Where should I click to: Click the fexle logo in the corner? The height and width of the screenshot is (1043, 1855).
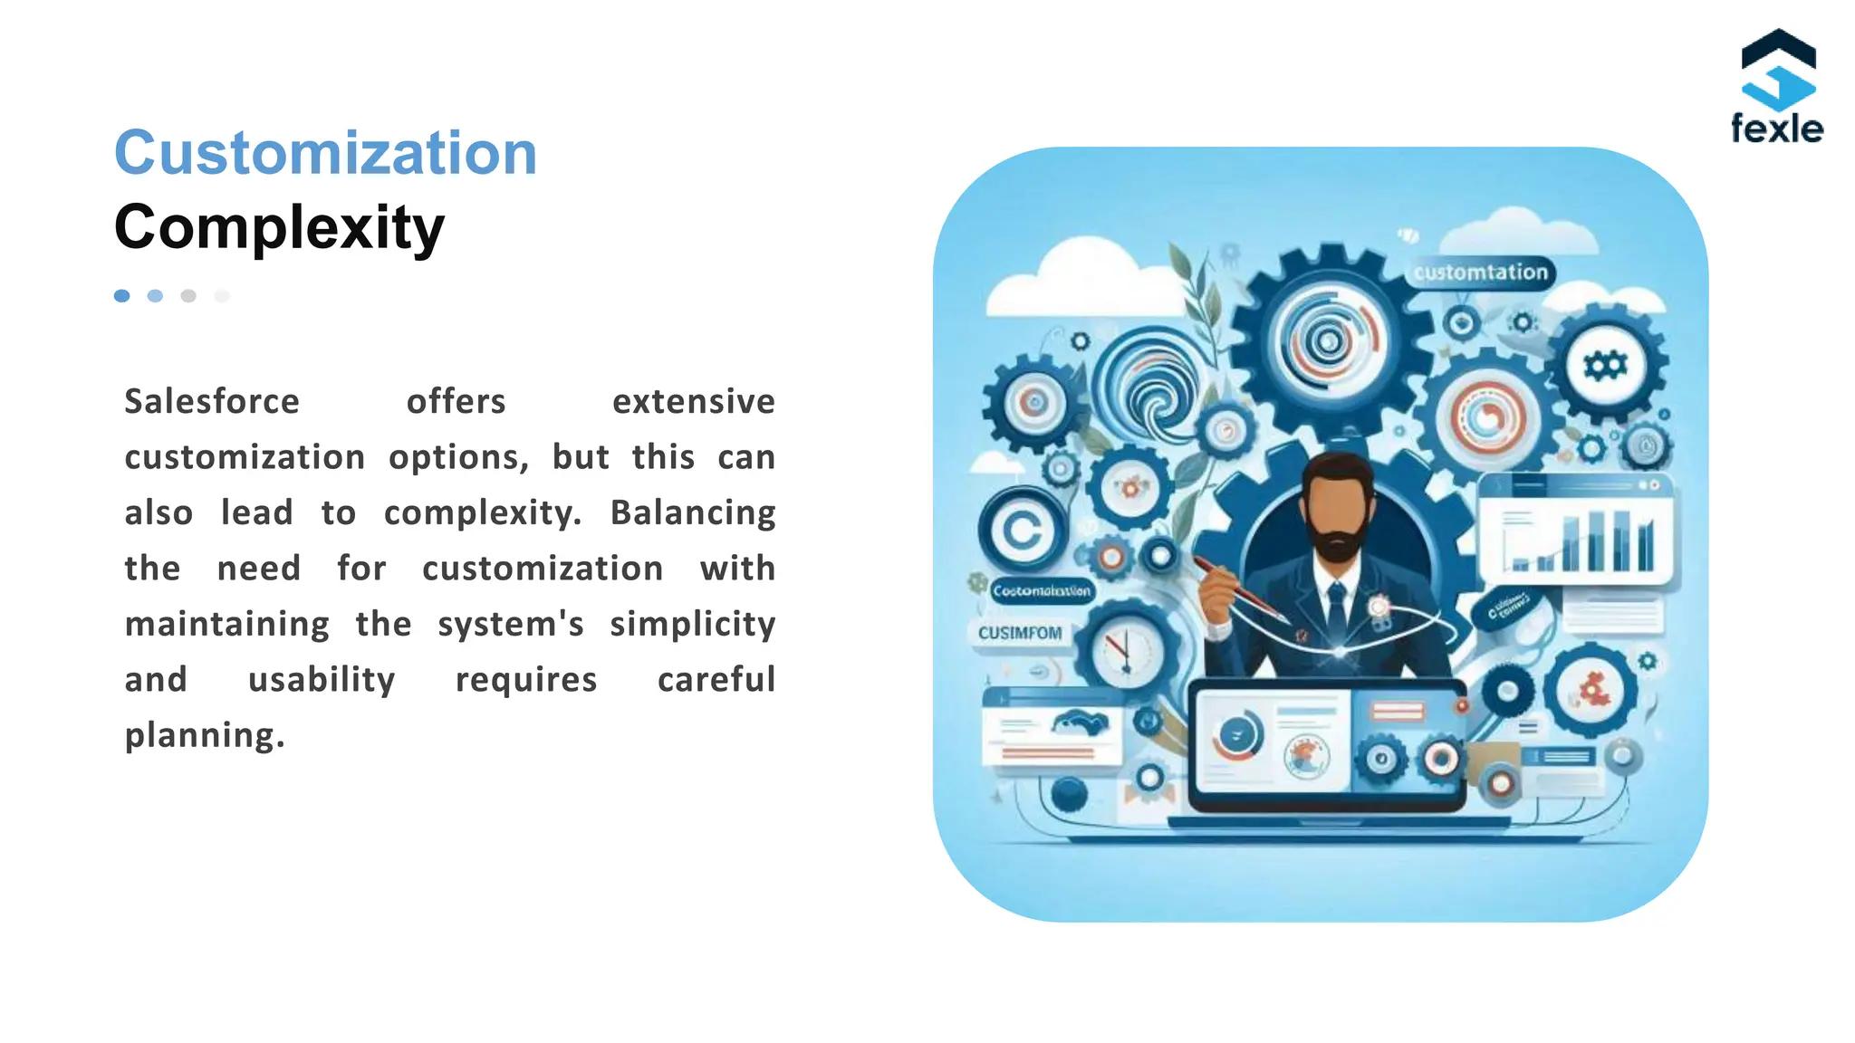(1777, 87)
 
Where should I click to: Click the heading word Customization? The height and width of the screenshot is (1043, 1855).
(326, 153)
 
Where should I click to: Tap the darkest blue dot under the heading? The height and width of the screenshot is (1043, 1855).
(122, 296)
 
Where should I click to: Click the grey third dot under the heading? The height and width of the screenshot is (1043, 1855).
(188, 296)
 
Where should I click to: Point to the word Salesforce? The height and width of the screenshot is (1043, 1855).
(212, 401)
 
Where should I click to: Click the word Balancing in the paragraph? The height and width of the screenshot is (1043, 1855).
(693, 512)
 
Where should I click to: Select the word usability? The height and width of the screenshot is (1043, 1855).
(322, 679)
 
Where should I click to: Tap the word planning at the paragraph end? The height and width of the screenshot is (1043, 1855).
(205, 735)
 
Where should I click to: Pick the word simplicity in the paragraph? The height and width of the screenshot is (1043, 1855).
(693, 624)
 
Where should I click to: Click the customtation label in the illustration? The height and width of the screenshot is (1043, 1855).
(1481, 273)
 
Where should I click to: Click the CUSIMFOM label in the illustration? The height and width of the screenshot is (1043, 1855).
(1020, 633)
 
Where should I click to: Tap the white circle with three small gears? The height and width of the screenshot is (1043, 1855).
(1605, 366)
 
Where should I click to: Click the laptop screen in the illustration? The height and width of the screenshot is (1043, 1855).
(1327, 744)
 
